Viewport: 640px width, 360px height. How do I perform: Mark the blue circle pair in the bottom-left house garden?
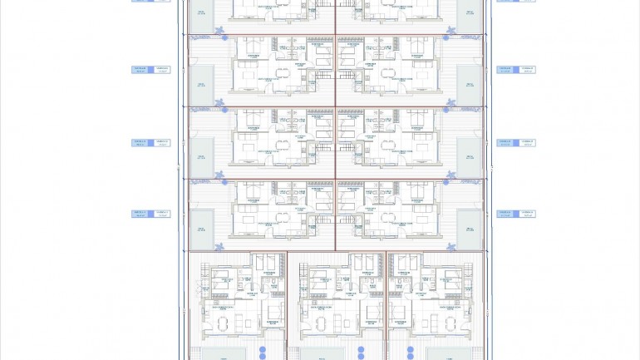coord(263,353)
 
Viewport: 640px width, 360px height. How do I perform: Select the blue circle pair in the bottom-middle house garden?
coord(361,353)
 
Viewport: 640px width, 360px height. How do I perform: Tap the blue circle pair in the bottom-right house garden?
coord(410,353)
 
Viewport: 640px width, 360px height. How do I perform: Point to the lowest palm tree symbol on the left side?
coord(221,246)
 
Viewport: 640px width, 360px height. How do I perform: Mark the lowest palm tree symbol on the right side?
coord(451,246)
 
